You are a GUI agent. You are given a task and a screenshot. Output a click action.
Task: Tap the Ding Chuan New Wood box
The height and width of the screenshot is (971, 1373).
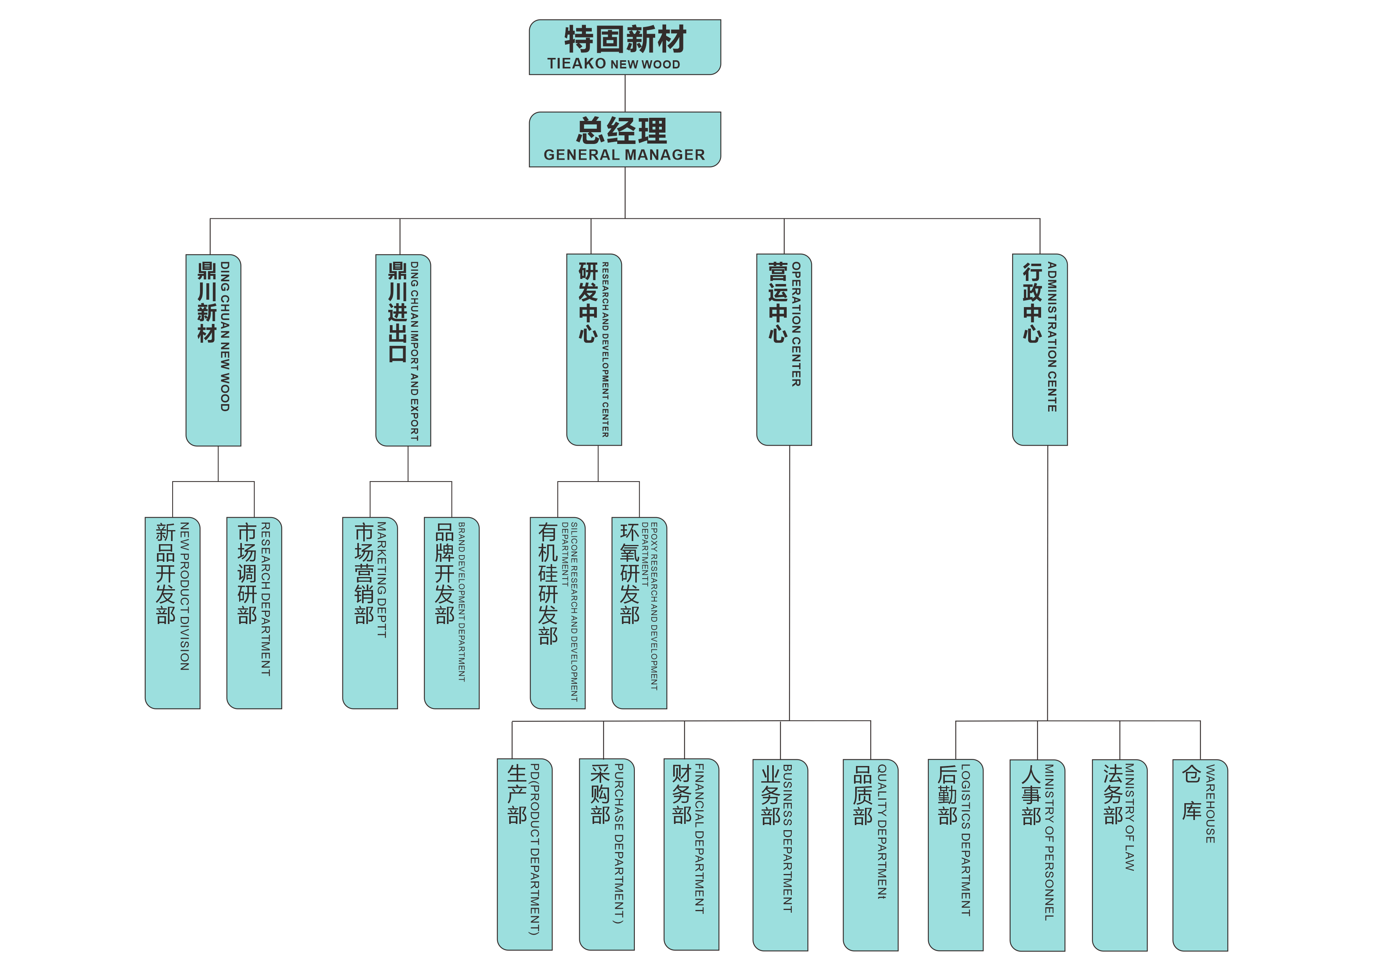(x=213, y=350)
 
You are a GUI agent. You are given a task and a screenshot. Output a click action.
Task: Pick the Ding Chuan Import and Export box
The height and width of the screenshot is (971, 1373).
(x=403, y=350)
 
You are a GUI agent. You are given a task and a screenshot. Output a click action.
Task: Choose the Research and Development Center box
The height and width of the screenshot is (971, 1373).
(x=594, y=350)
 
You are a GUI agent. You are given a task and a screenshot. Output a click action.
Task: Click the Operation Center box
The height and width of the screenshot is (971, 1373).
(x=784, y=350)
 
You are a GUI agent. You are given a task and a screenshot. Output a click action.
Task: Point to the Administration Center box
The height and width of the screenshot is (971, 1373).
(x=1040, y=350)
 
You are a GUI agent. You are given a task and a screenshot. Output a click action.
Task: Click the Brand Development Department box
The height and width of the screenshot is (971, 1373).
(x=452, y=613)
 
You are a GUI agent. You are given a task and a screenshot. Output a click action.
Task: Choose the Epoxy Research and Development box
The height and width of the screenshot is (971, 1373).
(x=639, y=613)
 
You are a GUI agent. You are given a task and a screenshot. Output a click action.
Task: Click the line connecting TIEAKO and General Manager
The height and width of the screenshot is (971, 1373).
(x=625, y=93)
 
